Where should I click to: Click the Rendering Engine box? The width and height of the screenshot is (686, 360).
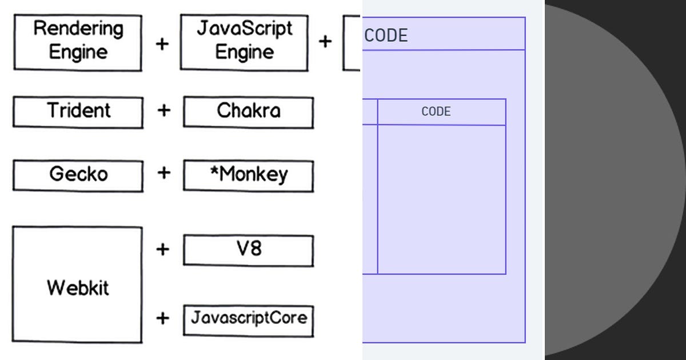coord(78,42)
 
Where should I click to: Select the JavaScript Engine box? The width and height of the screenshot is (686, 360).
coord(244,42)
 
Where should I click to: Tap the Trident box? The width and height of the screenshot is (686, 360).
coord(78,111)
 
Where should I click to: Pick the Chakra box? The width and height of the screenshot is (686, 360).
coord(248,111)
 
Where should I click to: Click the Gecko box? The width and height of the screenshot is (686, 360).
coord(78,175)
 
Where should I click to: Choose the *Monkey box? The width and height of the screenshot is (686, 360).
coord(248,175)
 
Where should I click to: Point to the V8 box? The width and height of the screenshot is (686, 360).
coord(248,250)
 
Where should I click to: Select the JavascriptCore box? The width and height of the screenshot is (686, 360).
coord(248,319)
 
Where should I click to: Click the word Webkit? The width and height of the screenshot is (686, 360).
coord(78,287)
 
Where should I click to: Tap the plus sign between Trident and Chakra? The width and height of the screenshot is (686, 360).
coord(163,110)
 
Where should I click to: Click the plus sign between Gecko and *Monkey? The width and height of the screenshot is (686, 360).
coord(163,173)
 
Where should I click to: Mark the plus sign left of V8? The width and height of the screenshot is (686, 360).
coord(163,249)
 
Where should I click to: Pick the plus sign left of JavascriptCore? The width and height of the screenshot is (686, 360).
coord(163,318)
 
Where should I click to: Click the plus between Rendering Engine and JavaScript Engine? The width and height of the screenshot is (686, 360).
coord(162,43)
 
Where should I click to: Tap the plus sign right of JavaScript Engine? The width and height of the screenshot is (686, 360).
coord(325,42)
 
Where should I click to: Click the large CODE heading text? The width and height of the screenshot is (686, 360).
coord(386,35)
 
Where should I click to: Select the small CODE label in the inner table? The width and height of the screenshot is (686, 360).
coord(436,111)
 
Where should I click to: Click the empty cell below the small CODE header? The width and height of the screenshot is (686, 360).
coord(441,199)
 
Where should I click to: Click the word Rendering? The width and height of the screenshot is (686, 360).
coord(78,29)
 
